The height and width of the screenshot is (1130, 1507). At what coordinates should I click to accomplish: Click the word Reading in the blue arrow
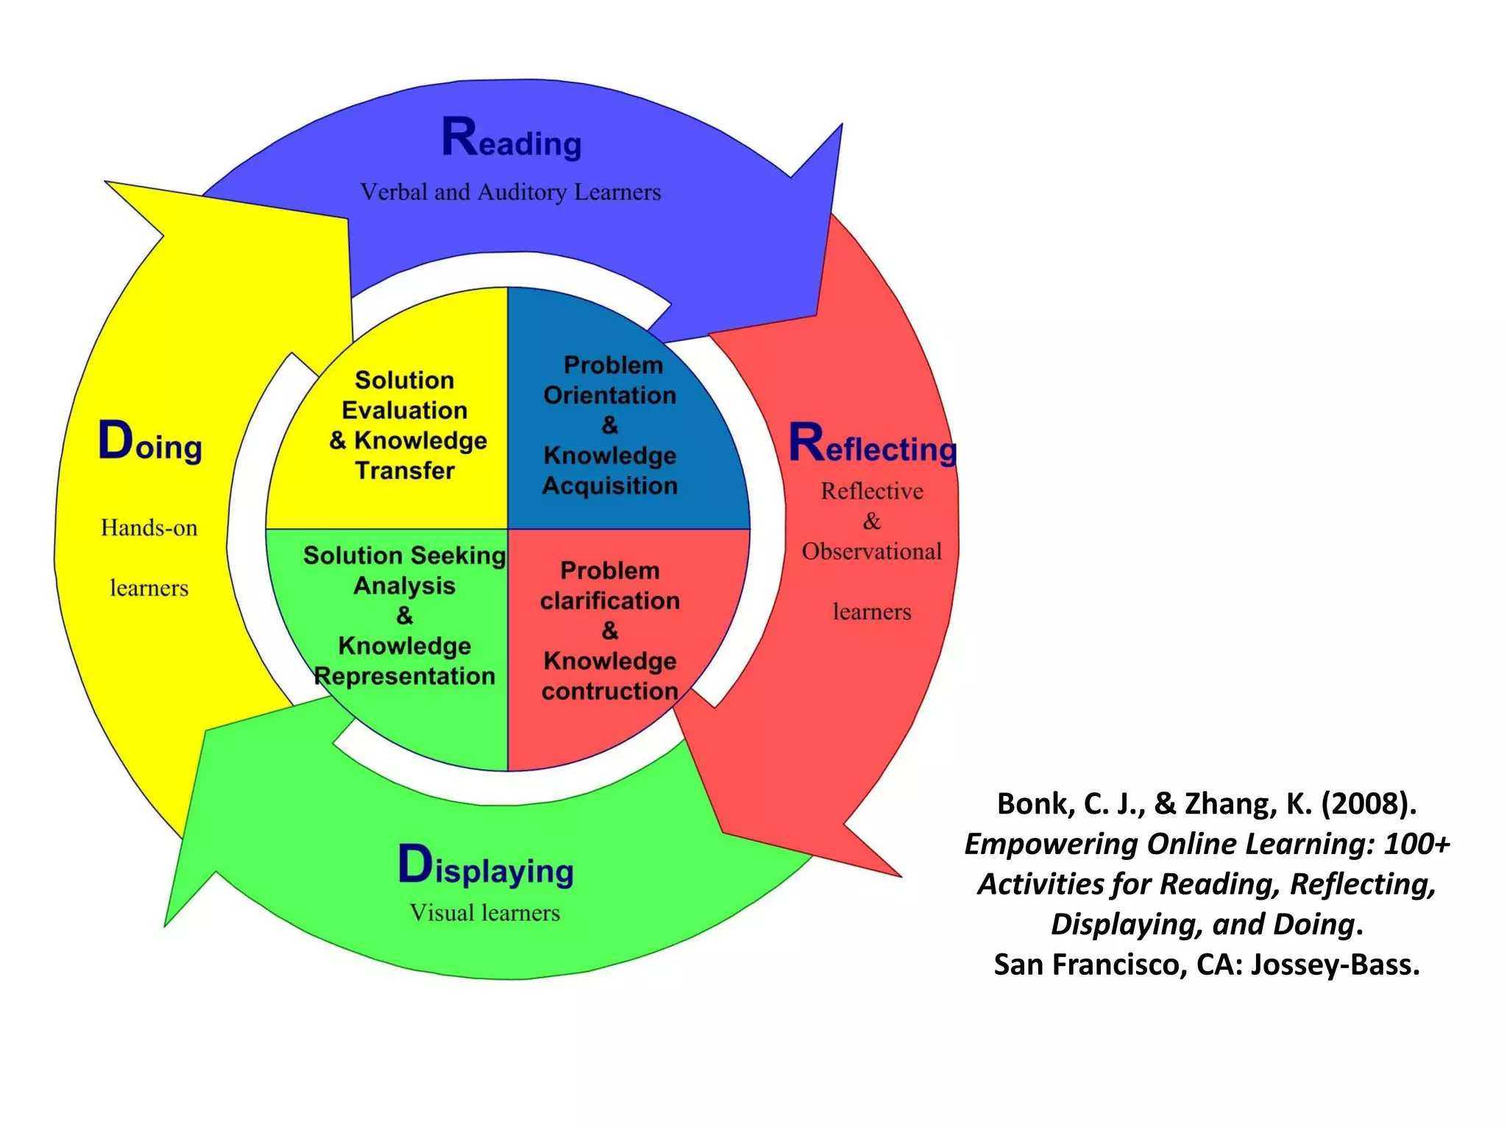511,140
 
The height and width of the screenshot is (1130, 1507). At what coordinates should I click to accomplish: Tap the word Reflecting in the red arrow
873,445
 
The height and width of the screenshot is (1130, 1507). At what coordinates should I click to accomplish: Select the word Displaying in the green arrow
486,867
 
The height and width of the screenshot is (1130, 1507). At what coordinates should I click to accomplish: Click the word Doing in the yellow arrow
150,443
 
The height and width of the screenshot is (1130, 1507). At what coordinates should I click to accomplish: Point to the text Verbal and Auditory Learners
510,193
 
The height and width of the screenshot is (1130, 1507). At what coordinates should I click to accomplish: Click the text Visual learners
484,913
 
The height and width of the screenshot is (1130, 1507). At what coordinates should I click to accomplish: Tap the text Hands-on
149,528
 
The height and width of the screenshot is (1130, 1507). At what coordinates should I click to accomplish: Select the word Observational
871,552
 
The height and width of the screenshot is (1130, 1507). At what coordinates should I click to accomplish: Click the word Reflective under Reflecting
871,491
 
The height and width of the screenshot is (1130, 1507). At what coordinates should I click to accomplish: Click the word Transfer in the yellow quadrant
405,471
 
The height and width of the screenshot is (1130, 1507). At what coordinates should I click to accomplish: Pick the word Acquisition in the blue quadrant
609,486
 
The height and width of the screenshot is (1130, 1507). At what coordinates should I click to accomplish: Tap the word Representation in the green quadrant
405,676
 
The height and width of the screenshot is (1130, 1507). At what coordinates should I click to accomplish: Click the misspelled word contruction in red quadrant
609,692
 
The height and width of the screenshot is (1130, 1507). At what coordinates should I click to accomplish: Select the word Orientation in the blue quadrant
609,396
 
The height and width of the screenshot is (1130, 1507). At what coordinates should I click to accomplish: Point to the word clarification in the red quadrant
609,601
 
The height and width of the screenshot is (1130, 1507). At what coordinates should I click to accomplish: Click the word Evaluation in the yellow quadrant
405,411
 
